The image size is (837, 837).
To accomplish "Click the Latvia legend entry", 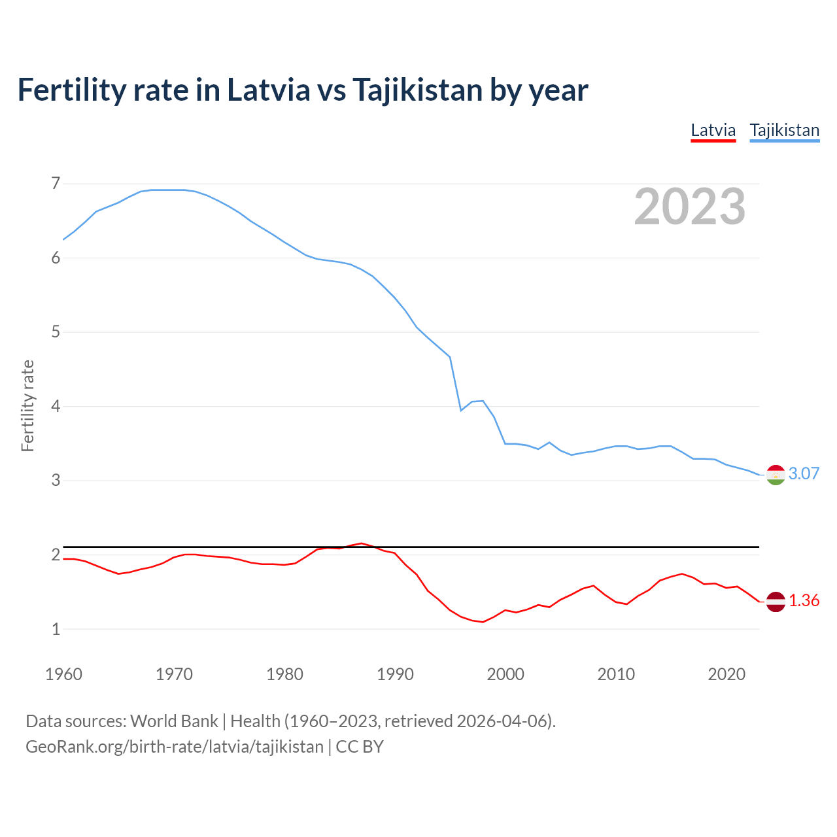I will [713, 130].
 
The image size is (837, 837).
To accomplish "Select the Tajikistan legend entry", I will [784, 130].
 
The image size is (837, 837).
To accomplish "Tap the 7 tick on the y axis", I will [56, 184].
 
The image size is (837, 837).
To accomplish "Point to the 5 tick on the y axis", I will [56, 332].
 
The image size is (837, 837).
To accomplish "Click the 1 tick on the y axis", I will [56, 629].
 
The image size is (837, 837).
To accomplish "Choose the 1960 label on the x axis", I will [63, 674].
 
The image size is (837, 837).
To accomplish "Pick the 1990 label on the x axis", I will [395, 674].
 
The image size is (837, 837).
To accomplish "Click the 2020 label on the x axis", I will [726, 674].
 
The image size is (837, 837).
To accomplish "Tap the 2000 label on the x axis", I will [505, 674].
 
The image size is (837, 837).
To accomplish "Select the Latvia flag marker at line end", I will [776, 602].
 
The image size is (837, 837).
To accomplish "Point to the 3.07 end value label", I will [804, 474].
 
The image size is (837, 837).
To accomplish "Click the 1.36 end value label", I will [804, 601].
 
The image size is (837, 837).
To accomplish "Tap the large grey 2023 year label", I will [690, 207].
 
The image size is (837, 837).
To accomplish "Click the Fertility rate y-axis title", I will [27, 405].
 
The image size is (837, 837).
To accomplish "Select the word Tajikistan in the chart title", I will [417, 90].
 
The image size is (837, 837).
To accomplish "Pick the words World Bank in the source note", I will [174, 721].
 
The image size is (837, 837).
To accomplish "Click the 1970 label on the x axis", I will [174, 674].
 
